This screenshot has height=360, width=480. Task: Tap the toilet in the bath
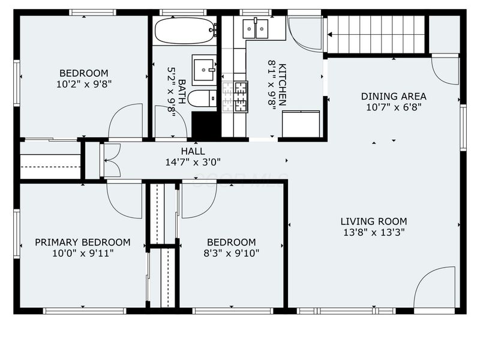202,98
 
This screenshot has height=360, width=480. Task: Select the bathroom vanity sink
204,70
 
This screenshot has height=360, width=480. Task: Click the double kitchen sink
256,29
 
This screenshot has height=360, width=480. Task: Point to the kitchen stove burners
241,97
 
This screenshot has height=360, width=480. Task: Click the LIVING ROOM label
374,221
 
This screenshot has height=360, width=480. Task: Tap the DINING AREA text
394,97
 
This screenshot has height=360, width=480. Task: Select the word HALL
193,151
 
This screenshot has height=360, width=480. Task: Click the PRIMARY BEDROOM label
83,242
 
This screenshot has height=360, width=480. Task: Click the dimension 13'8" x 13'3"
374,232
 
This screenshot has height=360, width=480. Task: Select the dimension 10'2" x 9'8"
83,84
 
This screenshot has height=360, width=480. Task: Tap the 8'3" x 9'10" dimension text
232,253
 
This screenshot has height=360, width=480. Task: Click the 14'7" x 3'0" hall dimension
193,162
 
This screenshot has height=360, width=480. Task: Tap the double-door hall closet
112,160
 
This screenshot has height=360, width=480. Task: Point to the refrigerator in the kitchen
301,124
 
